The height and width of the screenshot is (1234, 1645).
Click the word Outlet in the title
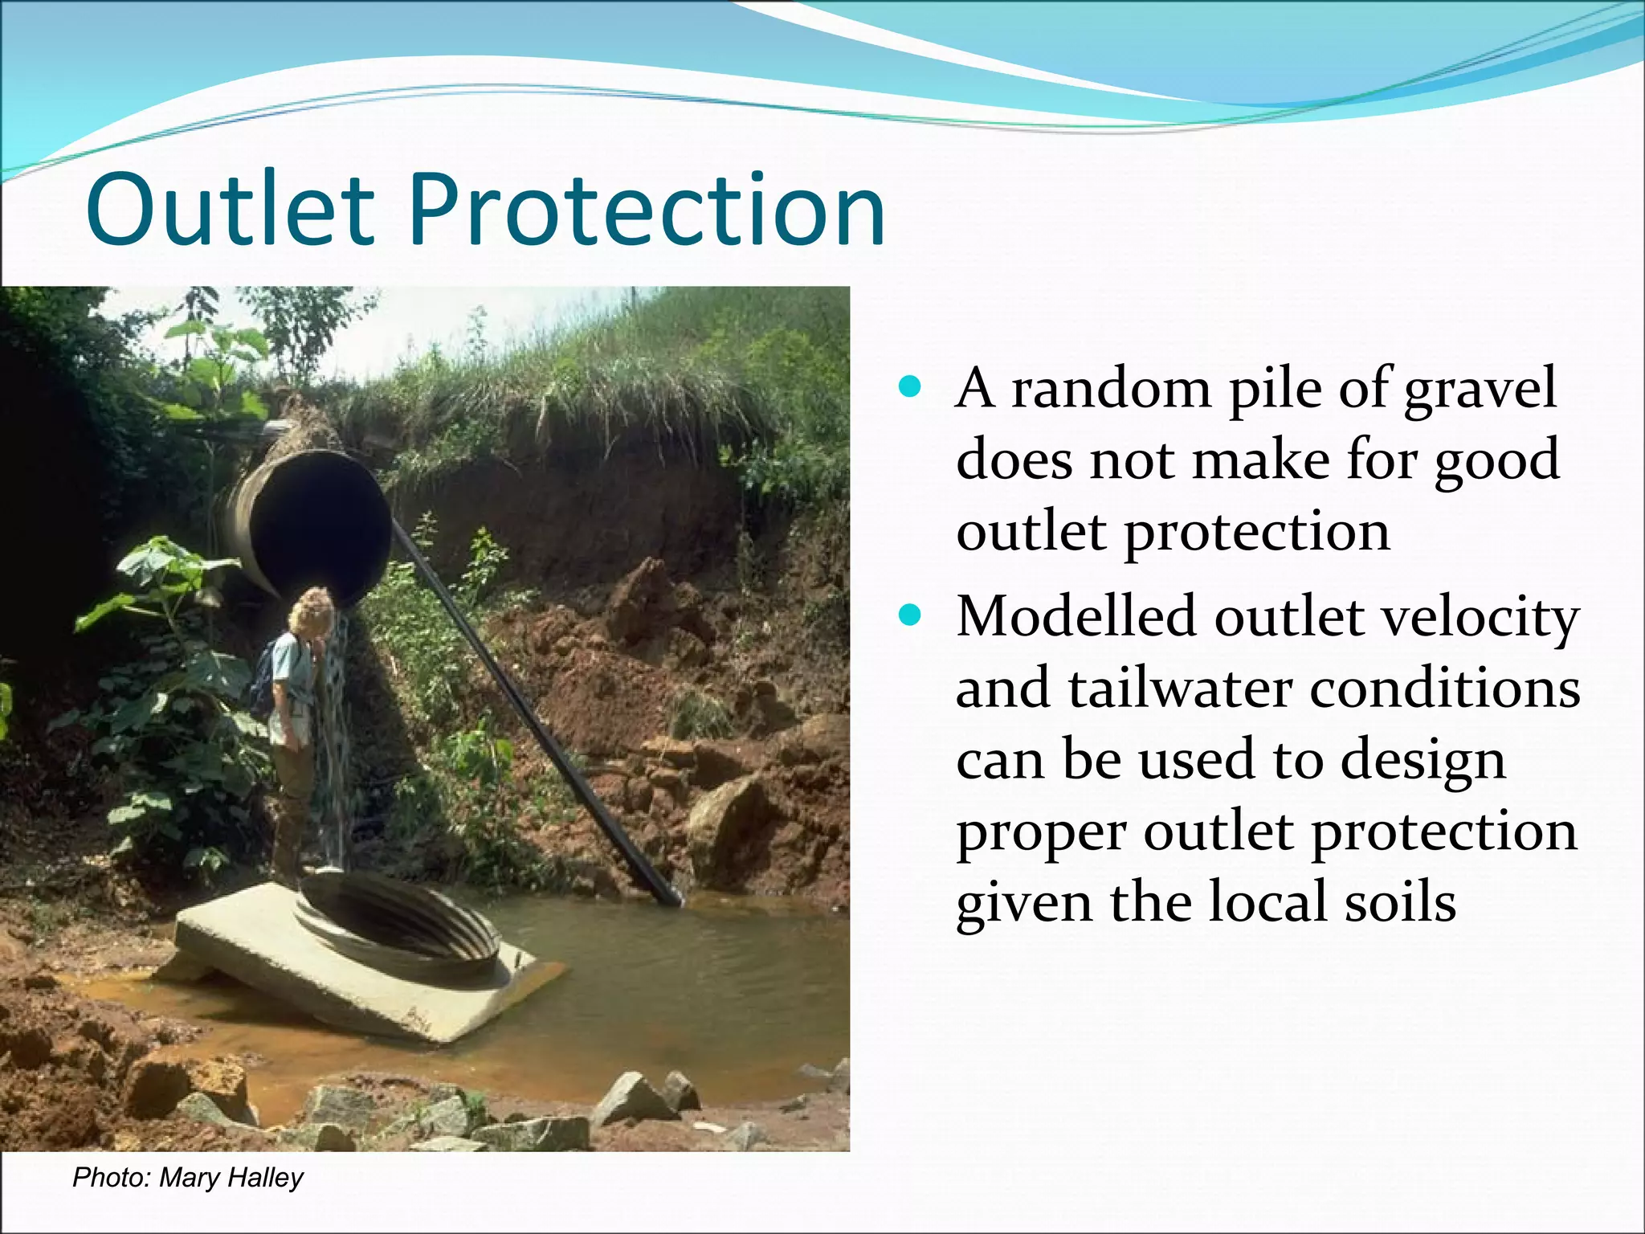tap(231, 210)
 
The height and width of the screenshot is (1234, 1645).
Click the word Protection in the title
tap(647, 210)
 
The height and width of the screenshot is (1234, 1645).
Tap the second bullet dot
tap(910, 616)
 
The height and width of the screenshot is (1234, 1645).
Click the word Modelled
tap(1076, 617)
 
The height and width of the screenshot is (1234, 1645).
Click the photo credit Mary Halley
tap(231, 1178)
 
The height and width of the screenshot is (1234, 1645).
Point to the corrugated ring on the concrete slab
tap(402, 924)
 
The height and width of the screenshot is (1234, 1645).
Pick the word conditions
tap(1445, 689)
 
